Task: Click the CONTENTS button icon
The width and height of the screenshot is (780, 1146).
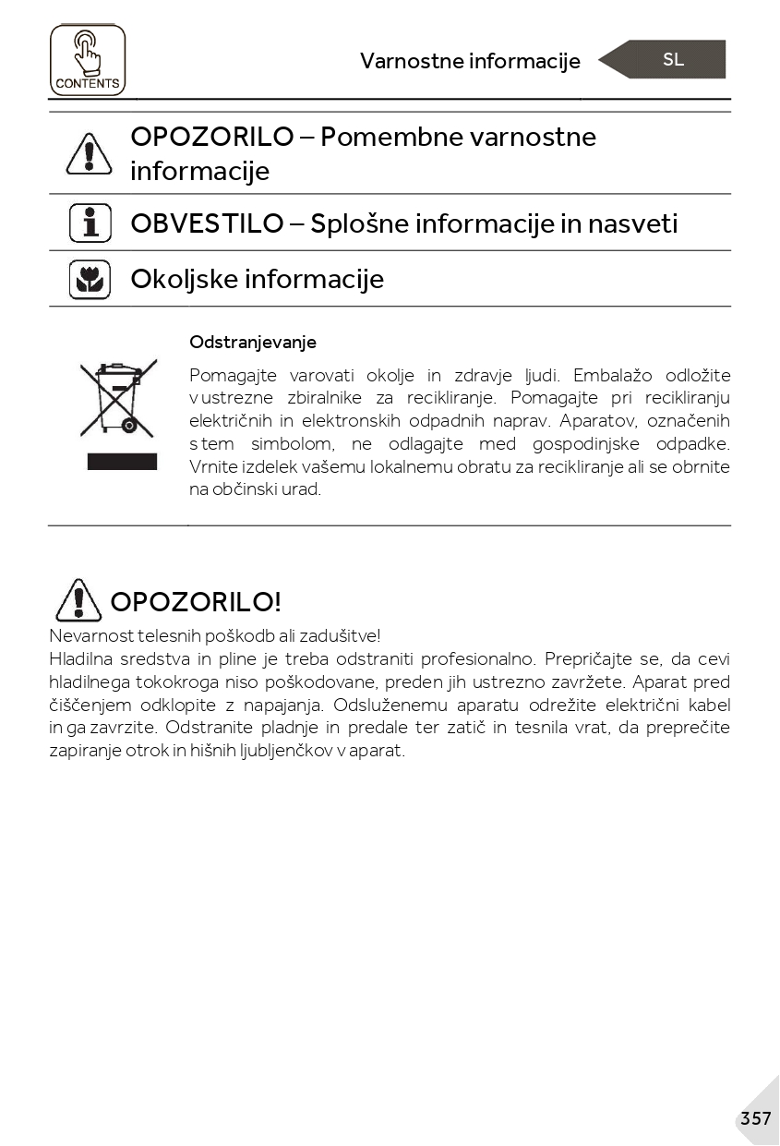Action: pyautogui.click(x=87, y=60)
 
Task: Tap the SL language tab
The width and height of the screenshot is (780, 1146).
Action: pyautogui.click(x=673, y=59)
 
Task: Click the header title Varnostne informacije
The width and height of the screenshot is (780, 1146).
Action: pyautogui.click(x=470, y=61)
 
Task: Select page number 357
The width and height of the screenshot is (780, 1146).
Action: pyautogui.click(x=755, y=1118)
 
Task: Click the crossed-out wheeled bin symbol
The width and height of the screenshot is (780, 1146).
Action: pyautogui.click(x=116, y=399)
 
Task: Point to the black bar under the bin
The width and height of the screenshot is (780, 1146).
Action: pyautogui.click(x=122, y=462)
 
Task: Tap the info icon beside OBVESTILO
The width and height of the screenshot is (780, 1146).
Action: pyautogui.click(x=90, y=223)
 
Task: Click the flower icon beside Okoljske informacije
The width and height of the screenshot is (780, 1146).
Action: pyautogui.click(x=90, y=279)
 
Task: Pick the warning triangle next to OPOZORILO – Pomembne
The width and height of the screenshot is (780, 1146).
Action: pyautogui.click(x=89, y=153)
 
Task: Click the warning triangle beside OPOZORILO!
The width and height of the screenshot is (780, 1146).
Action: pyautogui.click(x=78, y=600)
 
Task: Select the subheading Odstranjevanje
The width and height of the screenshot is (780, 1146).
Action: pyautogui.click(x=253, y=342)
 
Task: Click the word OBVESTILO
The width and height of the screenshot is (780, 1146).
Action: pyautogui.click(x=207, y=223)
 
